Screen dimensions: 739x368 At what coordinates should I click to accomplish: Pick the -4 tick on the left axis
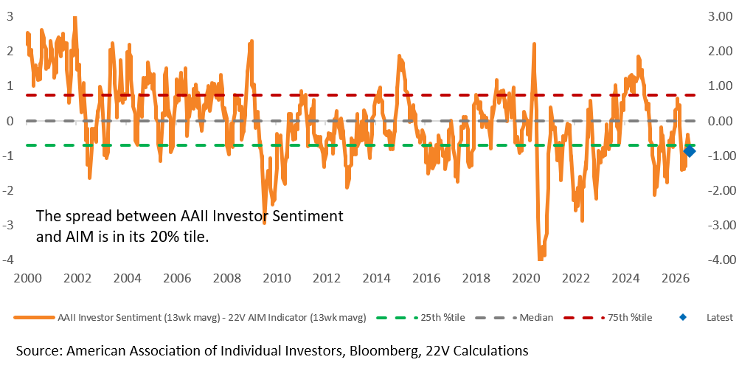[x=9, y=260]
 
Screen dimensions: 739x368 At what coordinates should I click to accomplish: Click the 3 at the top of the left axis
[x=10, y=16]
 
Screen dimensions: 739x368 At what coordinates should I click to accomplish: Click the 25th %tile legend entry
[x=422, y=317]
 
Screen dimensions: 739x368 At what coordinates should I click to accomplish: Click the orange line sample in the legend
[x=34, y=317]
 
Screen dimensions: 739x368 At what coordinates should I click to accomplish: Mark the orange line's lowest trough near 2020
[x=540, y=258]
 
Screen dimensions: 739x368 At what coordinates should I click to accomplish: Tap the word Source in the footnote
[x=38, y=350]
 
